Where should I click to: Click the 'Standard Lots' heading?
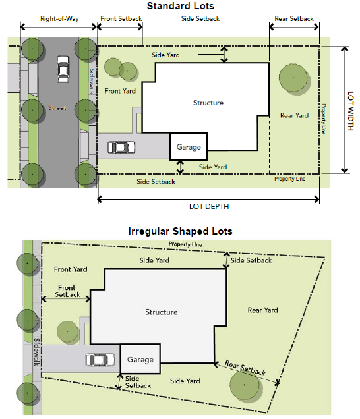point(181,6)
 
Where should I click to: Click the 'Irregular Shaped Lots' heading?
point(181,231)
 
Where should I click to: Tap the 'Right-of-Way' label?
point(59,18)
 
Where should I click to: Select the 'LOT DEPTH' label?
point(209,206)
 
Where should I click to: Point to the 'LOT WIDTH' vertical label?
point(351,111)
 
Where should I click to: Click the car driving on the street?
point(63,69)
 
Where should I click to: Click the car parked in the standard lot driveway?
point(121,147)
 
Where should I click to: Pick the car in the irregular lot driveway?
point(100,360)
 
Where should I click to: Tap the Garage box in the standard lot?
point(189,146)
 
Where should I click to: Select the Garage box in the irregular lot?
point(140,358)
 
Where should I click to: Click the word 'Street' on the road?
point(57,107)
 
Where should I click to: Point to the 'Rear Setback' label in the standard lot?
point(294,18)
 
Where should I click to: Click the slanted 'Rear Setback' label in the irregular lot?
point(245,368)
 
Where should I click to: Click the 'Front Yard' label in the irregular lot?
point(71,269)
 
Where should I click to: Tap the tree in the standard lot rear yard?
point(293,78)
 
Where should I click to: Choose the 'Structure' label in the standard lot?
point(208,103)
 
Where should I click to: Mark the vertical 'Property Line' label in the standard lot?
point(324,119)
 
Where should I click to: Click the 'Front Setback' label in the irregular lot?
point(67,291)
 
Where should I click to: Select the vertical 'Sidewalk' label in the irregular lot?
point(37,352)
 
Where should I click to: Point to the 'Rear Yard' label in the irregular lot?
point(262,310)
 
